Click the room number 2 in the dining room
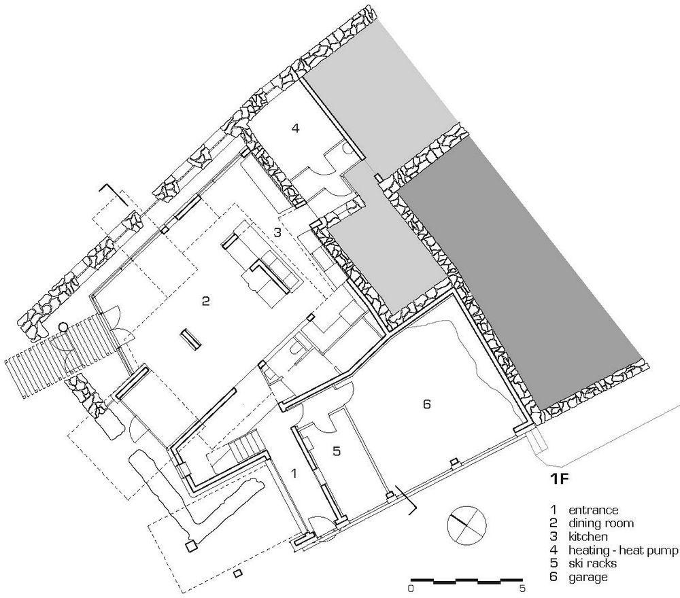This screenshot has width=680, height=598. (x=205, y=301)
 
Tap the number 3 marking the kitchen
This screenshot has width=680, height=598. (x=277, y=232)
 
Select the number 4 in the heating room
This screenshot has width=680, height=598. (x=296, y=128)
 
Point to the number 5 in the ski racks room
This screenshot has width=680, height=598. (x=337, y=451)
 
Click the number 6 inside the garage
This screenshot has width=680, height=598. (x=427, y=404)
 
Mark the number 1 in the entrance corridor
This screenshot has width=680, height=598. (x=294, y=474)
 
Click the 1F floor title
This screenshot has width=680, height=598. (x=559, y=478)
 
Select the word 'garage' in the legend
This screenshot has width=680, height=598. (x=588, y=577)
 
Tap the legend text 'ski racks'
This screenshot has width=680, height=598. (x=592, y=563)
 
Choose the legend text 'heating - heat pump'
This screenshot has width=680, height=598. (x=623, y=550)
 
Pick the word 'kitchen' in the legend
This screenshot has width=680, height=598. (x=588, y=536)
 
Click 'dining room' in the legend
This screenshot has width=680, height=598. (x=601, y=523)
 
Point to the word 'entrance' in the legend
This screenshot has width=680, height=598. (x=593, y=510)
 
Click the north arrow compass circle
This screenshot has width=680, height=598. (x=466, y=525)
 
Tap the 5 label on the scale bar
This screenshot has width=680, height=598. (x=522, y=588)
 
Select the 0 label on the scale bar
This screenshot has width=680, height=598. (x=411, y=588)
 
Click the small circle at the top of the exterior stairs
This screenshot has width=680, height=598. (x=64, y=327)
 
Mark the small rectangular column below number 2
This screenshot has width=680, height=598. (x=191, y=339)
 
